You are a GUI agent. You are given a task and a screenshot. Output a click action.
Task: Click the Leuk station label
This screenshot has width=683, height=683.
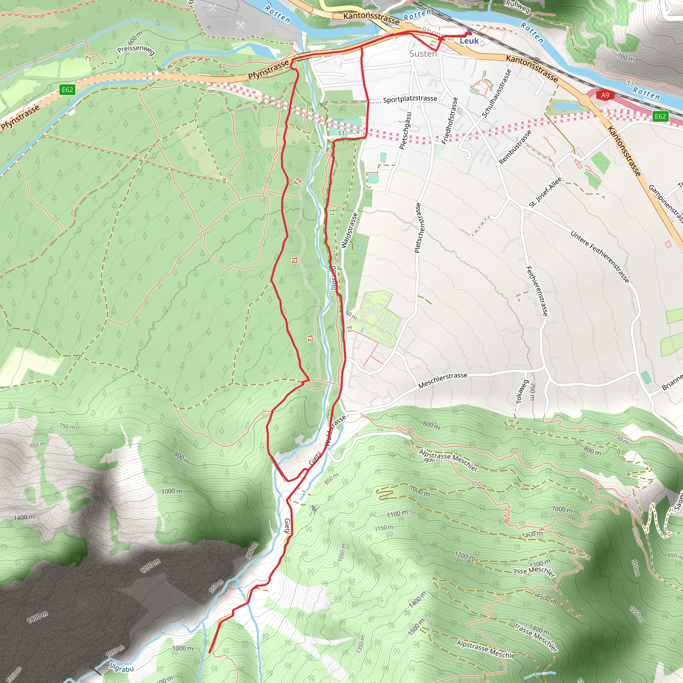469,41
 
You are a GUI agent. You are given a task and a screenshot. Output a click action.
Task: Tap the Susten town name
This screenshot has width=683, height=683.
423,54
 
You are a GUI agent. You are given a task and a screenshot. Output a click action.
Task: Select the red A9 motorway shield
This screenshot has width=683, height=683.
605,95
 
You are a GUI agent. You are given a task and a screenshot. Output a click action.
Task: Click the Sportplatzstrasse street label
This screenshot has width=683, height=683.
410,99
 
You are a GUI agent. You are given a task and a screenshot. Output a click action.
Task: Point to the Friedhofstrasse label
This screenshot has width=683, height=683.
450,121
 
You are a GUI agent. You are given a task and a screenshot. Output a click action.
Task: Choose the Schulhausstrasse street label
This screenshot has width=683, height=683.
496,93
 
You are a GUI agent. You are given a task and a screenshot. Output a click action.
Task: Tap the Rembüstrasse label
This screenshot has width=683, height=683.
515,147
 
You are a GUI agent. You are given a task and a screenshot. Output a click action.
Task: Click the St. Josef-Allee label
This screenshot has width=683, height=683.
545,192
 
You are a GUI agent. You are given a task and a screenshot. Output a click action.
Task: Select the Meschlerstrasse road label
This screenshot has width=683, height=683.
443,381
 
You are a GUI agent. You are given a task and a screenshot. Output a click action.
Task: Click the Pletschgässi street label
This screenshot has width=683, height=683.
406,131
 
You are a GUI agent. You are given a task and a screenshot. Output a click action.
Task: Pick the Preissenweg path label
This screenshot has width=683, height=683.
136,50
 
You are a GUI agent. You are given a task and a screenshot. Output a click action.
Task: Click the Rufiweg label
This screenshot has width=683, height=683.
518,6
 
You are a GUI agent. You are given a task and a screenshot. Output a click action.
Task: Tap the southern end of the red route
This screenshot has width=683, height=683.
210,653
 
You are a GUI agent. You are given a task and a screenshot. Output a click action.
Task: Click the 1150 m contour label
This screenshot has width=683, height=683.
384,528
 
